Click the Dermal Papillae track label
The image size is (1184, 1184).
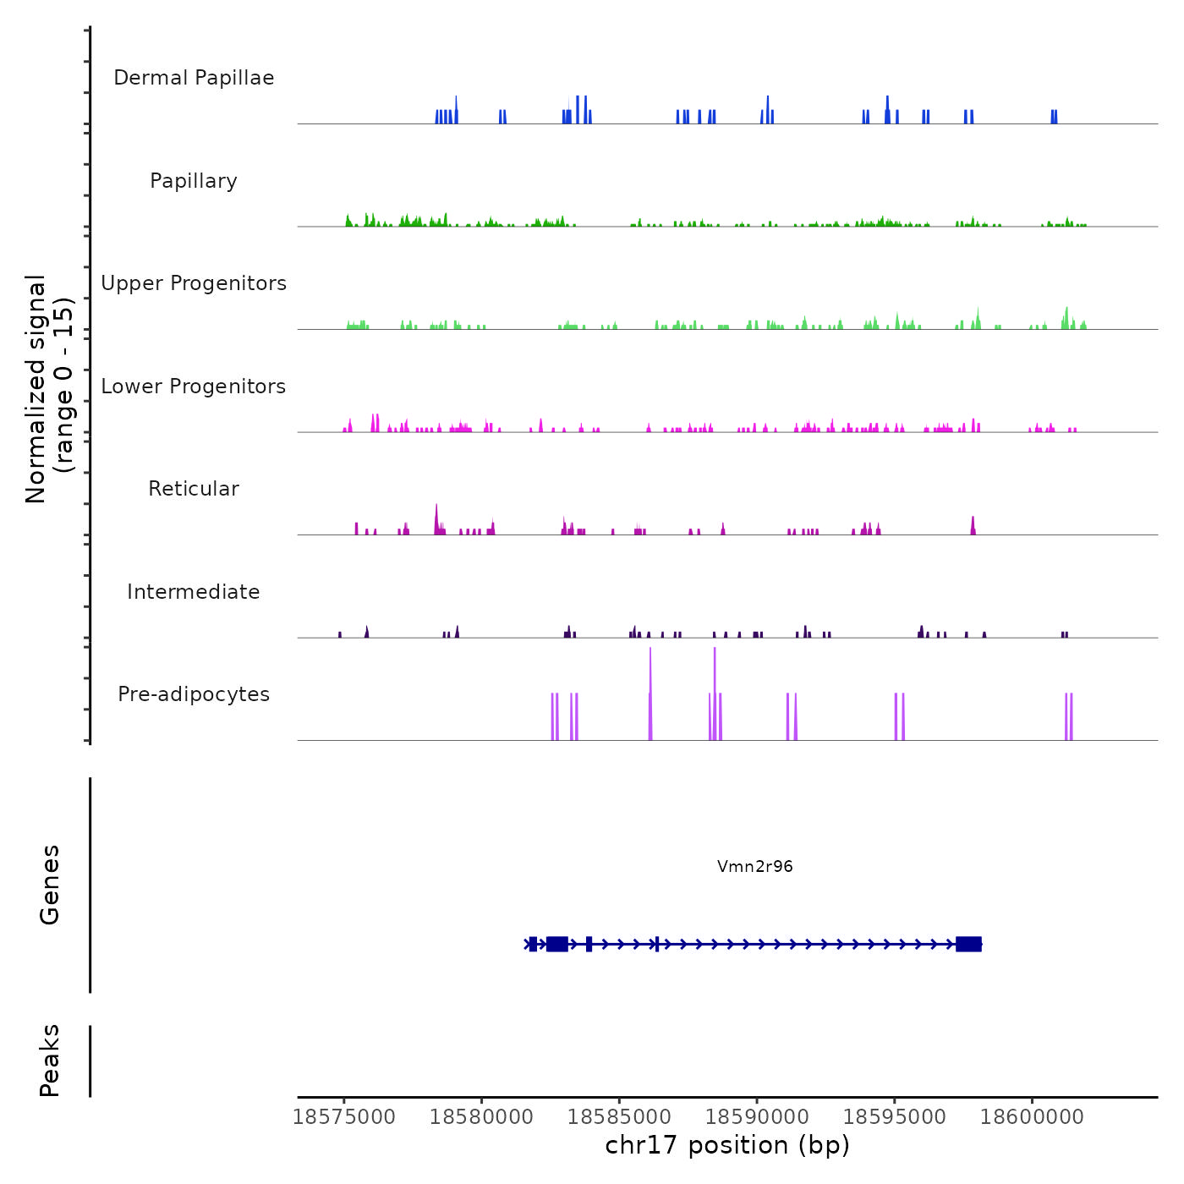click(x=194, y=78)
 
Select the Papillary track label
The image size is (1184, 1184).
click(x=194, y=181)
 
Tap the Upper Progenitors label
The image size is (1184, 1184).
click(x=194, y=283)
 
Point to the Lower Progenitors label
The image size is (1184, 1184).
click(x=194, y=386)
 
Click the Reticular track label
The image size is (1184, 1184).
click(x=194, y=489)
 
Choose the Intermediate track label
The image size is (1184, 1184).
click(x=194, y=592)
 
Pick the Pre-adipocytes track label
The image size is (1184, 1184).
click(x=194, y=694)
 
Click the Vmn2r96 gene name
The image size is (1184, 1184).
click(x=754, y=866)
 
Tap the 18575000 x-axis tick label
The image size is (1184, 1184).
click(x=344, y=1117)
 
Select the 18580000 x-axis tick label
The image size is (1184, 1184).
click(x=481, y=1117)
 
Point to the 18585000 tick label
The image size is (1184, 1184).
click(x=619, y=1117)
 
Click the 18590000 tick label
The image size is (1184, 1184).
click(x=757, y=1117)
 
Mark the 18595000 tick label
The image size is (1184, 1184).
click(x=895, y=1117)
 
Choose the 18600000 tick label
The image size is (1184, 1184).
click(x=1032, y=1117)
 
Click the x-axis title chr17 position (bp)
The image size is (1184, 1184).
click(x=727, y=1145)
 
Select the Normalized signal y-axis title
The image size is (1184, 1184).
click(x=49, y=389)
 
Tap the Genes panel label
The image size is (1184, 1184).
click(x=50, y=885)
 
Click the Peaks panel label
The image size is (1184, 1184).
click(x=50, y=1061)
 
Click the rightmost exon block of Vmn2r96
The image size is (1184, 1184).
click(x=968, y=944)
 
